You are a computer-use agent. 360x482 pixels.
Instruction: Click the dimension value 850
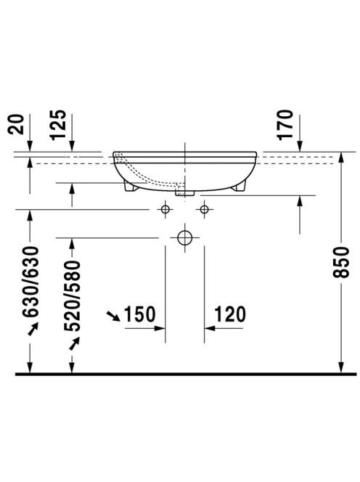click(341, 261)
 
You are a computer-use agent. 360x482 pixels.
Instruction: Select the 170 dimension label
click(285, 125)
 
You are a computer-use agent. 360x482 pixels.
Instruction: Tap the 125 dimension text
click(58, 125)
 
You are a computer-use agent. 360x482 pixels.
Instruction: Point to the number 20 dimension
click(15, 124)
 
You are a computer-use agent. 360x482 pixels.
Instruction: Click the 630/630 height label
click(30, 282)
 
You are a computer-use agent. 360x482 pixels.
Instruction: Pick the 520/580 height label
click(72, 295)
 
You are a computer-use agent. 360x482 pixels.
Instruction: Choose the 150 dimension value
click(139, 314)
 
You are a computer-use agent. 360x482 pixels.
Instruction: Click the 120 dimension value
click(230, 314)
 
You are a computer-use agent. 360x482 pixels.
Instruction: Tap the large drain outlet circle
click(185, 238)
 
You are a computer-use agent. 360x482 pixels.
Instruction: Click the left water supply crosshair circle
click(165, 209)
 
